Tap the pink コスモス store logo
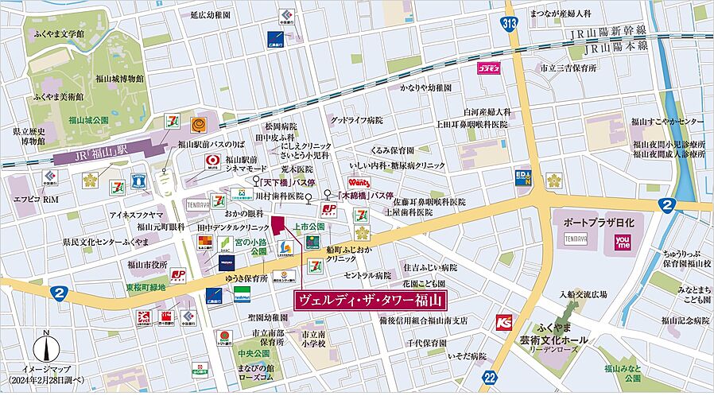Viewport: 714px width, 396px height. [487, 70]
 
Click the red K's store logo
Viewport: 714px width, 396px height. [503, 321]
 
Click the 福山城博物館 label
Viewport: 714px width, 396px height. [117, 79]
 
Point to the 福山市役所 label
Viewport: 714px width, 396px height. [147, 264]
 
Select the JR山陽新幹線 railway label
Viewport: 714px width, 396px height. [608, 35]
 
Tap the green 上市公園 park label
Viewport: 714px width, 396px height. [308, 227]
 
